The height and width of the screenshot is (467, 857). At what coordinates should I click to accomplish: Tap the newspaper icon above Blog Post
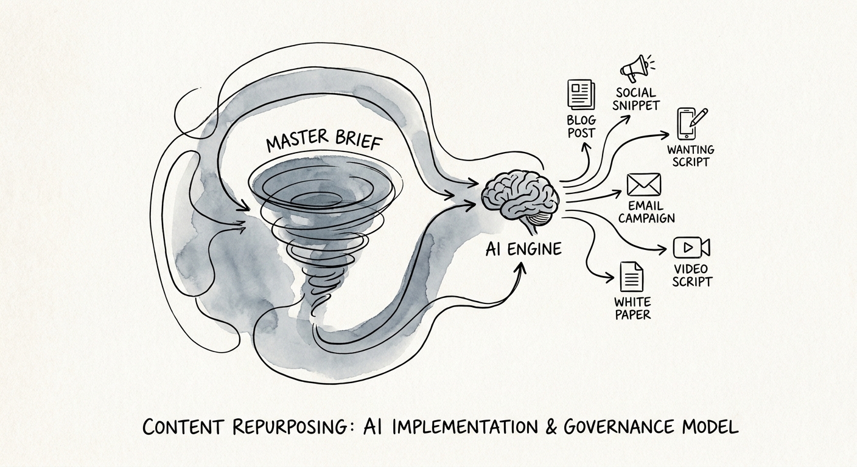pyautogui.click(x=581, y=95)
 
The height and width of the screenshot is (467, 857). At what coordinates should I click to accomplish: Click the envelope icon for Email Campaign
pyautogui.click(x=644, y=185)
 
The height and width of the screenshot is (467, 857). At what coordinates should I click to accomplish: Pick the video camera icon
pyautogui.click(x=691, y=247)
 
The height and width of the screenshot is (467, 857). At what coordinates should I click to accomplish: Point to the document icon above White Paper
pyautogui.click(x=631, y=276)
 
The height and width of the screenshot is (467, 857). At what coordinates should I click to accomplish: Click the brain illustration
pyautogui.click(x=520, y=200)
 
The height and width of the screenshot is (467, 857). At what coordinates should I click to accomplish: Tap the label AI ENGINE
pyautogui.click(x=523, y=249)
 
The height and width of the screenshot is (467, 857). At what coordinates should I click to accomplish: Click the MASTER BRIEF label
pyautogui.click(x=324, y=140)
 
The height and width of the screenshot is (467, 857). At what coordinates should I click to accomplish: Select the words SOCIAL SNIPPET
pyautogui.click(x=636, y=99)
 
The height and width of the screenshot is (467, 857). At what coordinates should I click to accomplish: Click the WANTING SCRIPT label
pyautogui.click(x=691, y=156)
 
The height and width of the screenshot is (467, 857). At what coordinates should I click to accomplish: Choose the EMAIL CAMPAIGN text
pyautogui.click(x=646, y=212)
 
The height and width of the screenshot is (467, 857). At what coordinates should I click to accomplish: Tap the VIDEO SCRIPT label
pyautogui.click(x=691, y=275)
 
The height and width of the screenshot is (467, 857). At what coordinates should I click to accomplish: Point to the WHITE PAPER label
pyautogui.click(x=632, y=308)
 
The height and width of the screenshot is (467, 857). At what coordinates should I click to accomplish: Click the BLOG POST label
pyautogui.click(x=581, y=126)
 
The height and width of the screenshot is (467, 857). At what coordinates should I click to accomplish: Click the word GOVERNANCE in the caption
pyautogui.click(x=618, y=426)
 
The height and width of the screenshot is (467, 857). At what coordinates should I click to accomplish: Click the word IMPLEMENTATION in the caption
pyautogui.click(x=464, y=427)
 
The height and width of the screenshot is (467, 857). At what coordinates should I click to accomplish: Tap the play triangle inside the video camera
pyautogui.click(x=688, y=247)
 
